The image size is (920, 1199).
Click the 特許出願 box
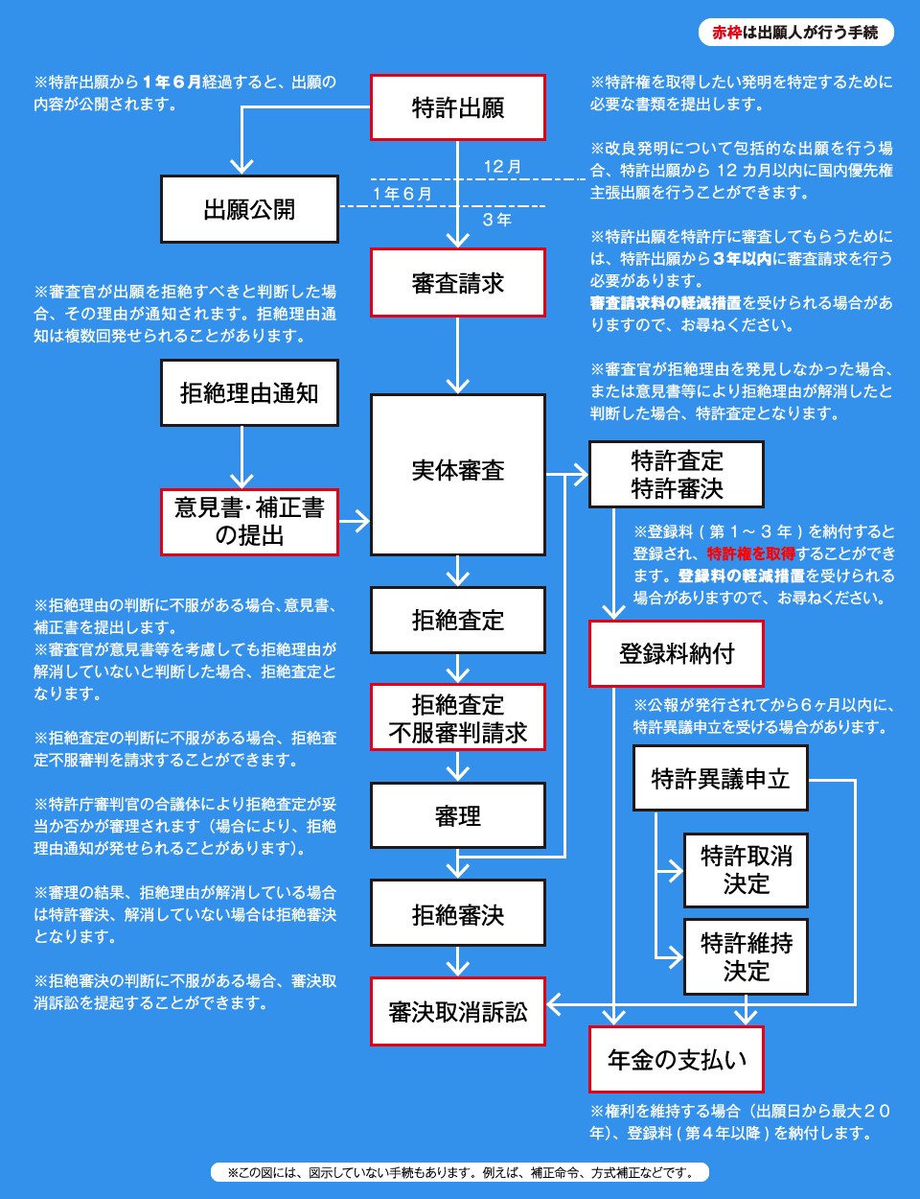point(457,107)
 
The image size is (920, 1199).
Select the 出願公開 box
point(249,209)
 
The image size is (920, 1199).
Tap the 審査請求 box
point(457,283)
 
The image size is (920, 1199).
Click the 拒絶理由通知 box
point(249,393)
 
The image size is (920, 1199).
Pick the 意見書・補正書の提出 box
point(249,522)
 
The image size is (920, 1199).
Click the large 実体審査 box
point(457,475)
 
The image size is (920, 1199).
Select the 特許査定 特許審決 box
point(677,474)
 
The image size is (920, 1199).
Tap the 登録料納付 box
point(677,653)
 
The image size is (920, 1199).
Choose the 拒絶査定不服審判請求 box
point(457,717)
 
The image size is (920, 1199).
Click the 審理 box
point(457,815)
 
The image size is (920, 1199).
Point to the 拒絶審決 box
point(457,913)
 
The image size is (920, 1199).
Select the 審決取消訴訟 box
point(457,1011)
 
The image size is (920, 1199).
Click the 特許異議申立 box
point(721,778)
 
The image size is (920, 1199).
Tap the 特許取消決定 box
point(746,870)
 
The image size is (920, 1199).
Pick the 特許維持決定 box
point(746,956)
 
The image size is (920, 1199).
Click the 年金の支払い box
point(677,1059)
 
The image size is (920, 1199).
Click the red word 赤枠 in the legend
point(727,33)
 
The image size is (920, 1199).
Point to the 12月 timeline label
point(501,167)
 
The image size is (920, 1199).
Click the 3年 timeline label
point(496,220)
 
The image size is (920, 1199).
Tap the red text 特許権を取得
point(751,553)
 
